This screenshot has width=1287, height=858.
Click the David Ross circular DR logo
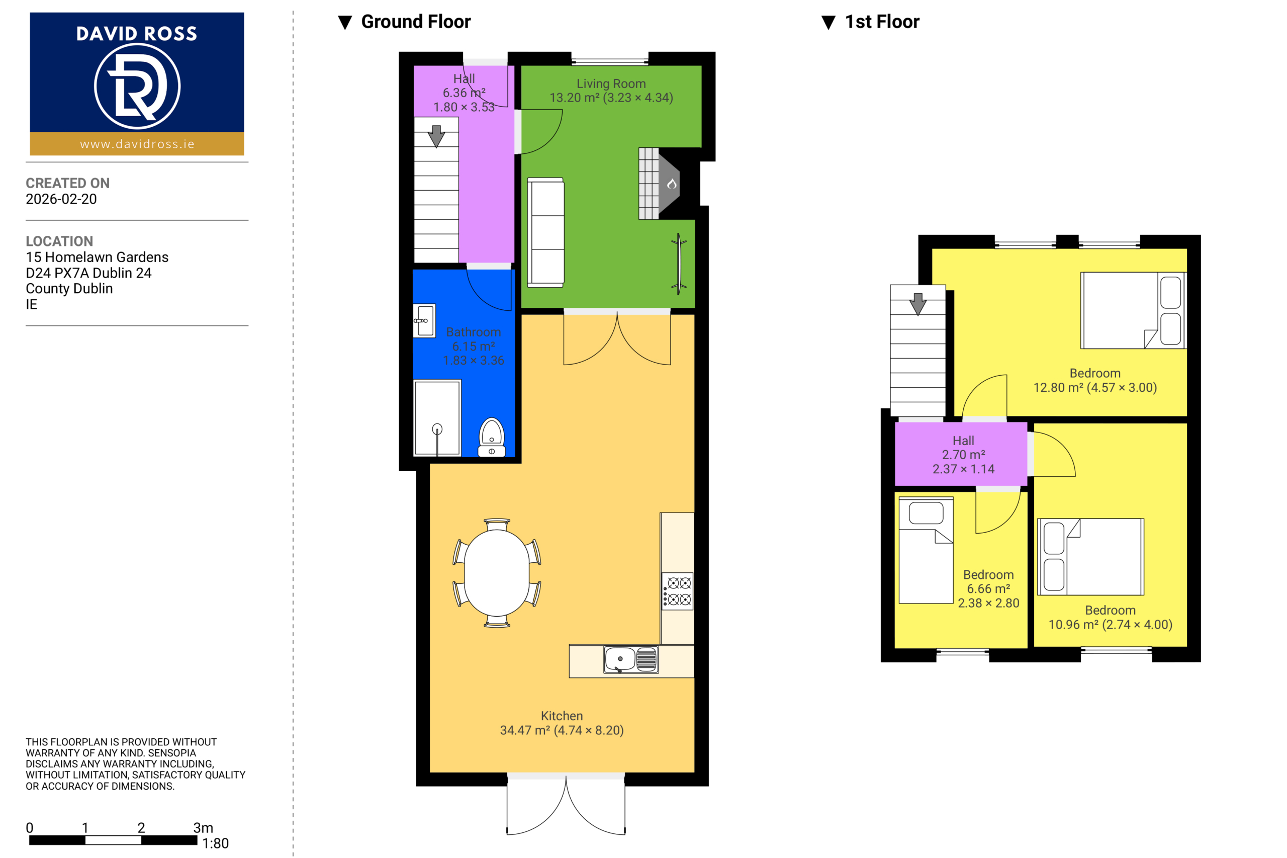137,86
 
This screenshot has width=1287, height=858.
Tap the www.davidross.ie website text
137,144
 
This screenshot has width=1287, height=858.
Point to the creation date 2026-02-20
61,199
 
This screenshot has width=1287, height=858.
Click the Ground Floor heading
416,22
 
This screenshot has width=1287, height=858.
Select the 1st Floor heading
882,22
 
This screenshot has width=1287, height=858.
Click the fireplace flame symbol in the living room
672,184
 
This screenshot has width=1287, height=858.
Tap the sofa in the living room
545,232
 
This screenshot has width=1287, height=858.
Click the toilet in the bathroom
492,437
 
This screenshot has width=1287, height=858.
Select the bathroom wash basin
424,321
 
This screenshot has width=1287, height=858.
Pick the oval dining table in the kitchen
497,573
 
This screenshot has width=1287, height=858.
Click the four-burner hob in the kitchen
678,591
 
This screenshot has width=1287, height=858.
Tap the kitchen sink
630,659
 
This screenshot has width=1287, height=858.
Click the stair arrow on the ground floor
436,136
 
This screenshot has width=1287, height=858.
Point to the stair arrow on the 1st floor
918,304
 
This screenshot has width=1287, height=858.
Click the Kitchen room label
562,716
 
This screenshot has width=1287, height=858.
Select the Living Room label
611,83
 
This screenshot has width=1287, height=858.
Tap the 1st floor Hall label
963,441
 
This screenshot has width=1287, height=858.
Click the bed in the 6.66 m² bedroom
926,550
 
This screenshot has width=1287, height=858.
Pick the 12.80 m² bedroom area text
1095,387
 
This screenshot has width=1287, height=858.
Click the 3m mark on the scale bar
203,828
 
